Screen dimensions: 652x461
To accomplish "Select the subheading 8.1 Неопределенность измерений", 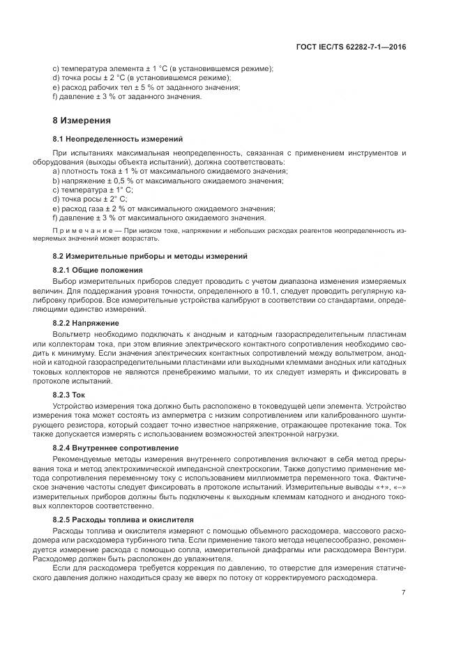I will (108, 139).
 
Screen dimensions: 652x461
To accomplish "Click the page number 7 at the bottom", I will (404, 593).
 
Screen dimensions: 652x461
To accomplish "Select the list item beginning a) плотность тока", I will (169, 171).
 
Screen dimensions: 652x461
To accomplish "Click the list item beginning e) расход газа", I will (163, 209).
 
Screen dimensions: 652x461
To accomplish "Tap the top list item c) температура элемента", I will (163, 68).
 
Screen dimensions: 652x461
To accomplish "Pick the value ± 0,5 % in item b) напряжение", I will (122, 181).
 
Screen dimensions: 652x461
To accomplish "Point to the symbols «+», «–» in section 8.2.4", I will (392, 487).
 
